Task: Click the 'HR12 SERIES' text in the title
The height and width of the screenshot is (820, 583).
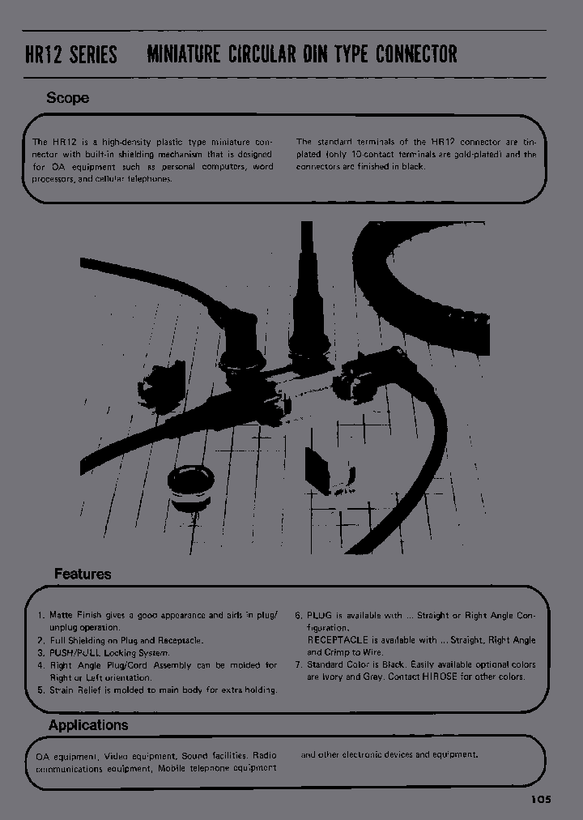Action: (x=72, y=54)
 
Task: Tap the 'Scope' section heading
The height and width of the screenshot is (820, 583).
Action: (x=67, y=98)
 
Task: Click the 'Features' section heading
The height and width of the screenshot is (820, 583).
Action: (x=83, y=574)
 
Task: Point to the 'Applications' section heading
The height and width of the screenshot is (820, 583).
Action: (x=88, y=725)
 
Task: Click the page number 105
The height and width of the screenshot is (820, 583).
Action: (x=541, y=799)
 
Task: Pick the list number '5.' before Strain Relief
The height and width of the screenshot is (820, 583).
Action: (x=41, y=690)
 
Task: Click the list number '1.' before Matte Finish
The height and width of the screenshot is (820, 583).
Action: (x=41, y=616)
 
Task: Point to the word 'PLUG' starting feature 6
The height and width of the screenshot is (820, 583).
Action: (x=321, y=616)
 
